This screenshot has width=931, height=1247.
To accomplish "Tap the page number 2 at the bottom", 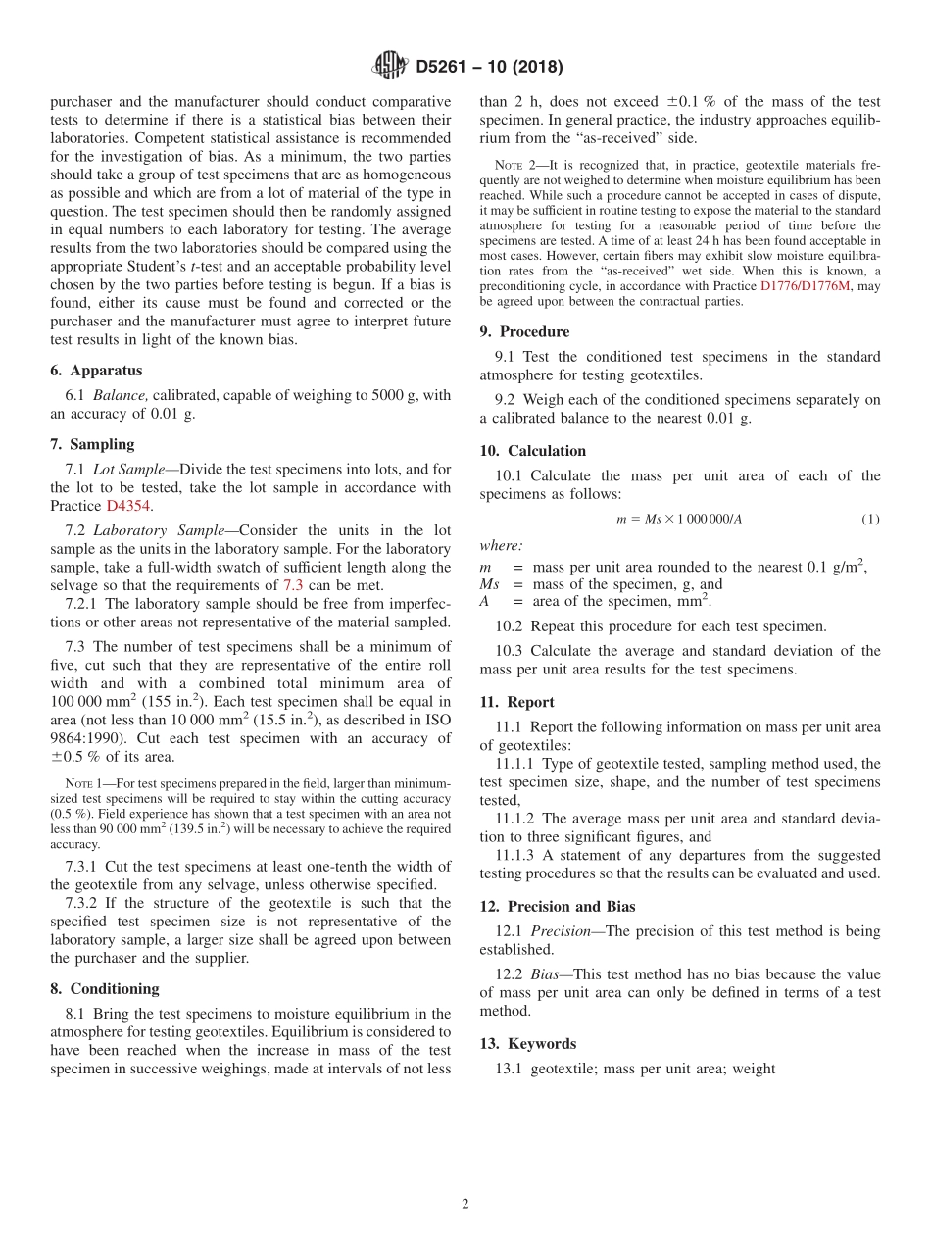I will coord(465,1204).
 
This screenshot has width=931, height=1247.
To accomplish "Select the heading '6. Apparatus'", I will coord(96,371).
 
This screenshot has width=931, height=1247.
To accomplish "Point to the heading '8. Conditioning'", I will coord(104,988).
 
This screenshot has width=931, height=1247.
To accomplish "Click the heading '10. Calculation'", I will coord(533,451).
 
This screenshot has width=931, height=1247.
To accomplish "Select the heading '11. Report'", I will coord(516,702).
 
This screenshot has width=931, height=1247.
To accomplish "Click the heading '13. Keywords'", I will coord(527,1043).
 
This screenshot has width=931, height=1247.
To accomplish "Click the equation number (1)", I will coord(870,519).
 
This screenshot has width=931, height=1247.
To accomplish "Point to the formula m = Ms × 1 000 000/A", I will coord(678,519).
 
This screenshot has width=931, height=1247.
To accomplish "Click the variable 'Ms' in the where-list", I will coord(489,584).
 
